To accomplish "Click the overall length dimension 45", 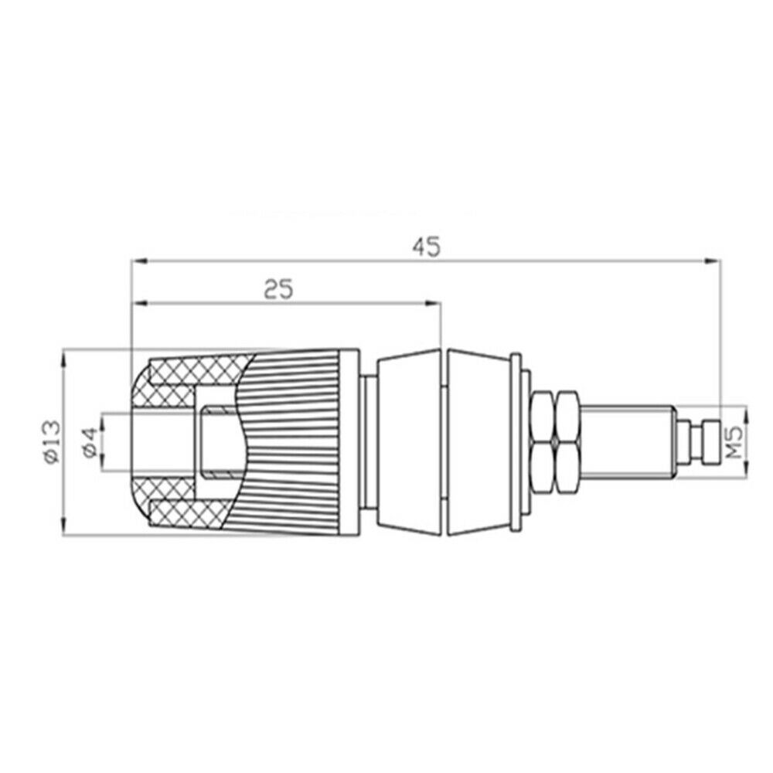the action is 427,247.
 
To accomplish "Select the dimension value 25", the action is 278,289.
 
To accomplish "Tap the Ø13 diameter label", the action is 52,441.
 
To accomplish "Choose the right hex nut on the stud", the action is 568,441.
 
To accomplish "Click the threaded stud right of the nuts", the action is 627,441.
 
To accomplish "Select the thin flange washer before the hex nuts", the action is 516,441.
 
